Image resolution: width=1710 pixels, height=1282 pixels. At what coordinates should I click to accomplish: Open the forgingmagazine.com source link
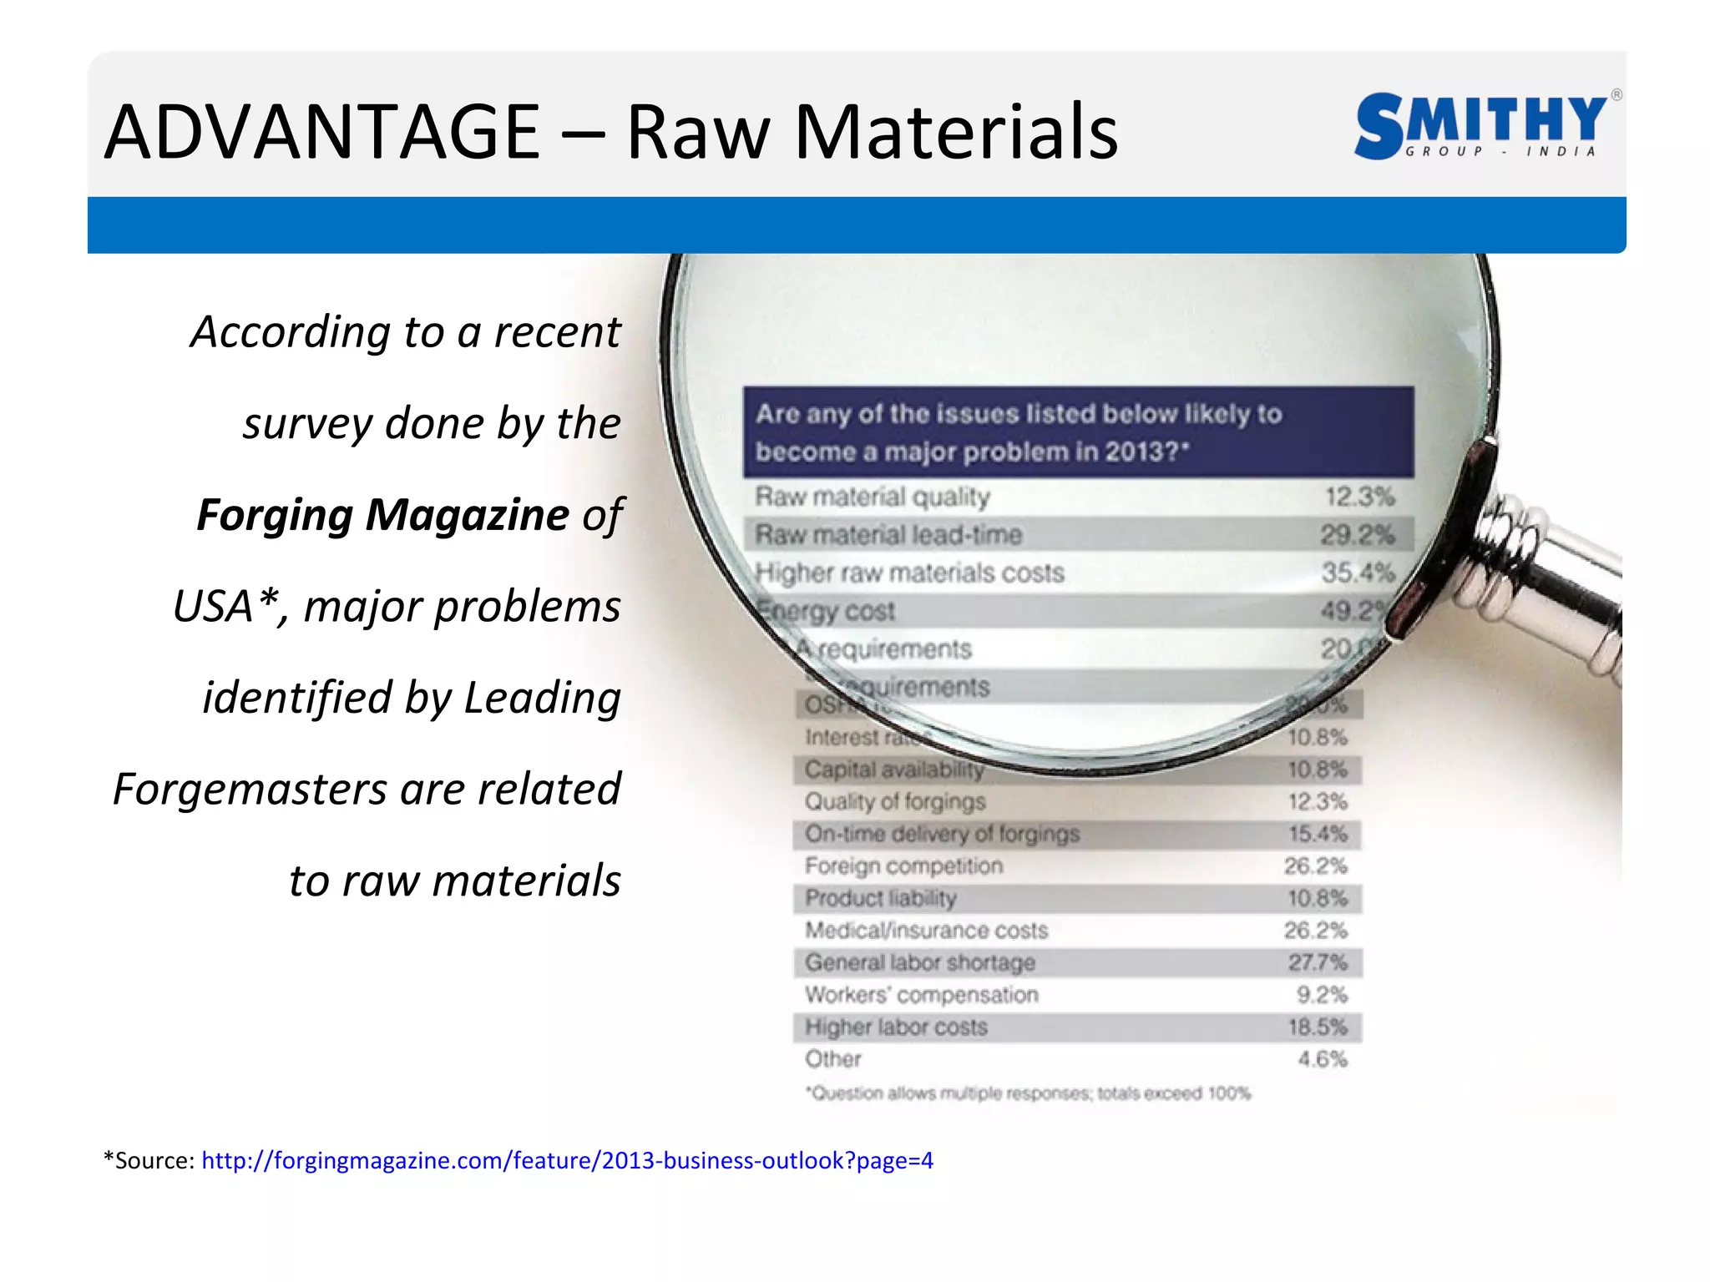pos(567,1160)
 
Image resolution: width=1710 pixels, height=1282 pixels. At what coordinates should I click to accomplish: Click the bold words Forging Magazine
pos(383,514)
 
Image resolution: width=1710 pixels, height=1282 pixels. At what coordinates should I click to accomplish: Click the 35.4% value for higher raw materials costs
pos(1358,573)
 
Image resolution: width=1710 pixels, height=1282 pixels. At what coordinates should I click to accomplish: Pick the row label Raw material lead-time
pos(888,535)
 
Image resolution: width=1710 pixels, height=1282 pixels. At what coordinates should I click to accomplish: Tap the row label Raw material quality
pos(873,497)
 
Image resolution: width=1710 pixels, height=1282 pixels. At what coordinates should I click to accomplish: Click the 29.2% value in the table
pos(1357,535)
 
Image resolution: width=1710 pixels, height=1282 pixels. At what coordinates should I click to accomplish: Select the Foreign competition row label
pos(903,866)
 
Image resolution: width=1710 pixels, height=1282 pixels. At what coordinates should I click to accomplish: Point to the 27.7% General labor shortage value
pos(1317,962)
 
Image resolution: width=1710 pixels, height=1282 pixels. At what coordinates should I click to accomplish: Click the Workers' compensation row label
pos(921,995)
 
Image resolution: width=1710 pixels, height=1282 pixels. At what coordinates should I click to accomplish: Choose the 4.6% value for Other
pos(1322,1059)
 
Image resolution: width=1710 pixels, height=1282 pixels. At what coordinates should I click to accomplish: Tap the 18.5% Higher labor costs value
pos(1317,1027)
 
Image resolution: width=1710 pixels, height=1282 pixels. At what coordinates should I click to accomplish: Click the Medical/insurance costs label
pos(926,931)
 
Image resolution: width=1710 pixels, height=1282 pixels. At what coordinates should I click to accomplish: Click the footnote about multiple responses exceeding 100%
pos(1028,1093)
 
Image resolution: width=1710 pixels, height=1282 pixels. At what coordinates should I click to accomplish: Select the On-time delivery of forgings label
pos(942,834)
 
